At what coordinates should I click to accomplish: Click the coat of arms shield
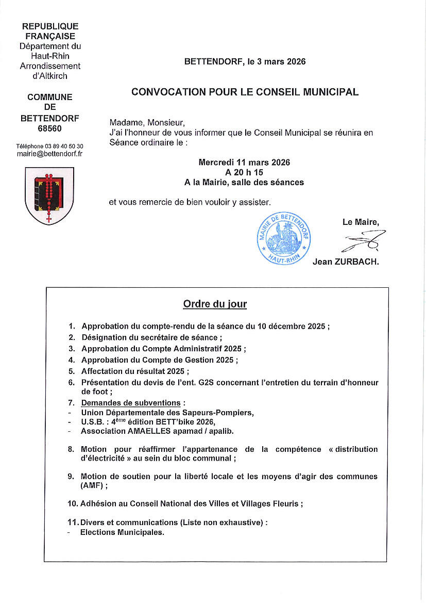[x=49, y=195]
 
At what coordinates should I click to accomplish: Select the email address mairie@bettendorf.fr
[x=50, y=154]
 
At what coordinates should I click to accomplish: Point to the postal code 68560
[x=50, y=128]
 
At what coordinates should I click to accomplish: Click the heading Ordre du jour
[x=215, y=304]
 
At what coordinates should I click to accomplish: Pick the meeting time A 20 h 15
[x=244, y=172]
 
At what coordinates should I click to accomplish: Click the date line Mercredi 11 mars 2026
[x=244, y=162]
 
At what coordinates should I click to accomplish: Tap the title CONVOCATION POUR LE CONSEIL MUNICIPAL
[x=245, y=92]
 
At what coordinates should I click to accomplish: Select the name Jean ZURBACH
[x=346, y=262]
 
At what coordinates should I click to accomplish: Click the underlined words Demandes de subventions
[x=131, y=403]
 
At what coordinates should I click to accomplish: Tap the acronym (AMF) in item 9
[x=92, y=485]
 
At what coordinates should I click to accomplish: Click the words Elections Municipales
[x=122, y=532]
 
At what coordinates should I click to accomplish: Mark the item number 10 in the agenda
[x=72, y=503]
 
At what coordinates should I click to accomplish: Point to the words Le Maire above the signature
[x=361, y=222]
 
